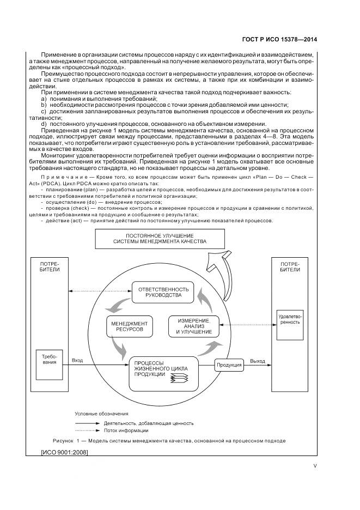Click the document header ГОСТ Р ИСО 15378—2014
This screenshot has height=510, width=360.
click(x=279, y=39)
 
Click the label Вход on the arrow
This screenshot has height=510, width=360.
click(x=77, y=361)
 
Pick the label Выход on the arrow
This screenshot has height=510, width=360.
click(x=257, y=361)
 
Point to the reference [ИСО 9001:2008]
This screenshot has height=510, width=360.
click(x=65, y=452)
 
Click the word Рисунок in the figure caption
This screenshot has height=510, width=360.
click(x=64, y=440)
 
